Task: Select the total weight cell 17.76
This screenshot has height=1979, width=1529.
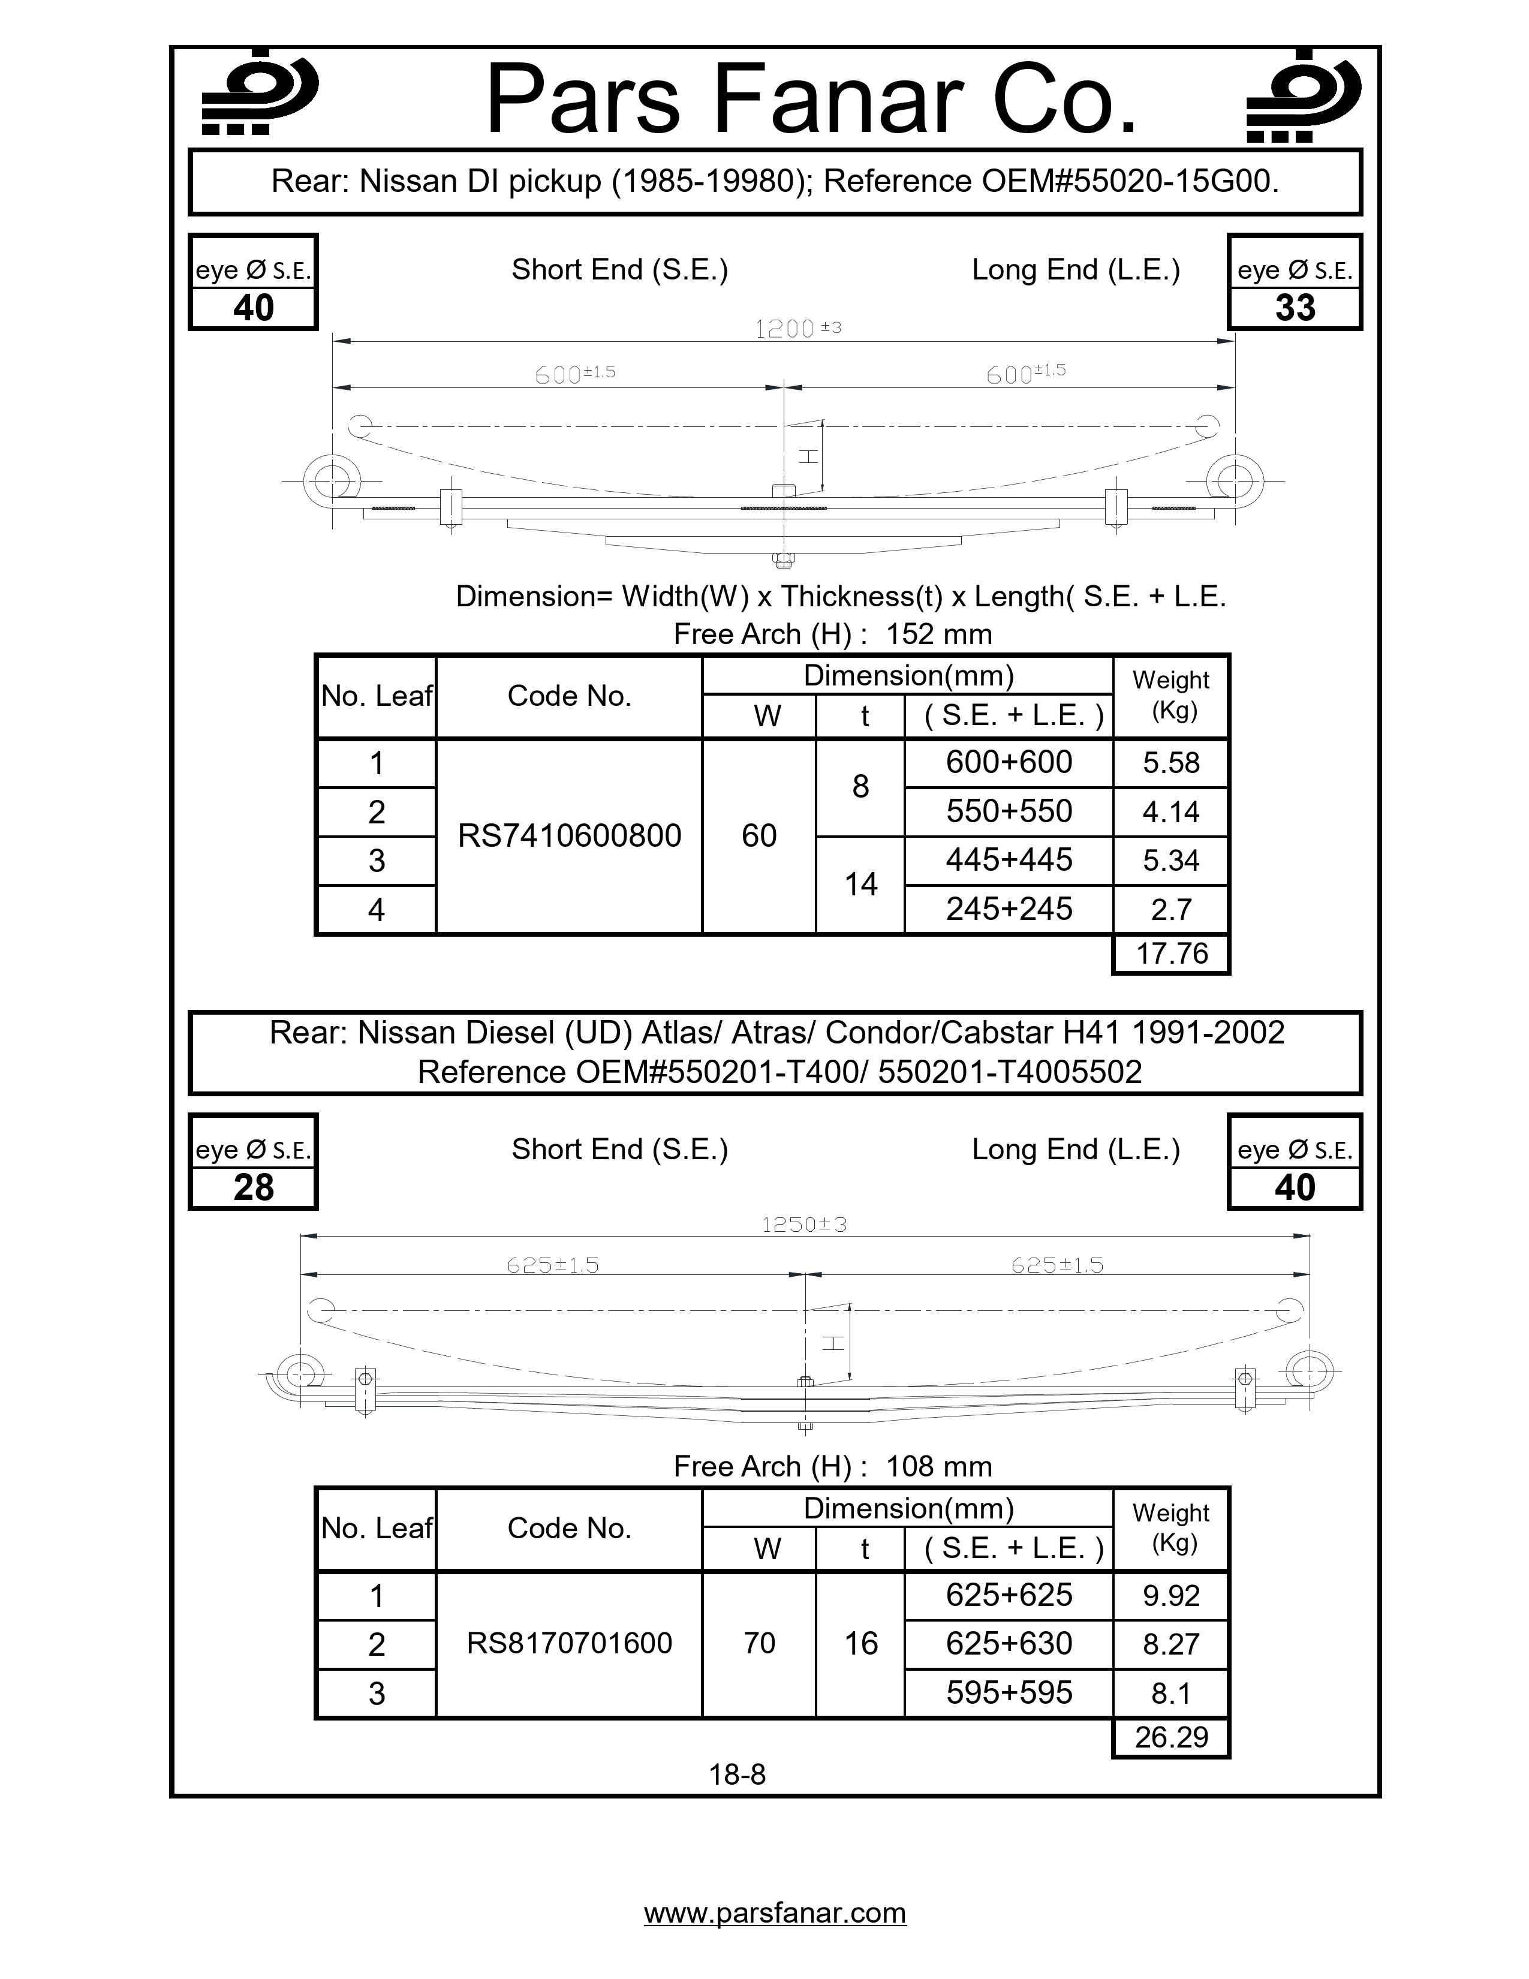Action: [x=1171, y=954]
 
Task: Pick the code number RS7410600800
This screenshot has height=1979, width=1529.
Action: [x=569, y=835]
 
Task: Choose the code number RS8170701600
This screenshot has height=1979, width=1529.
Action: [x=569, y=1643]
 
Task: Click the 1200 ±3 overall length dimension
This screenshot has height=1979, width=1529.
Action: [x=797, y=329]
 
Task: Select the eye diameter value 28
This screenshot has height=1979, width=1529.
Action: [x=254, y=1187]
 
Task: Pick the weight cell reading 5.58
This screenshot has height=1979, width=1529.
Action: [x=1171, y=763]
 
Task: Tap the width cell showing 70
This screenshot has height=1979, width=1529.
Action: [x=759, y=1643]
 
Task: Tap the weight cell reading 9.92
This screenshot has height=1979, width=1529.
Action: [x=1171, y=1595]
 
